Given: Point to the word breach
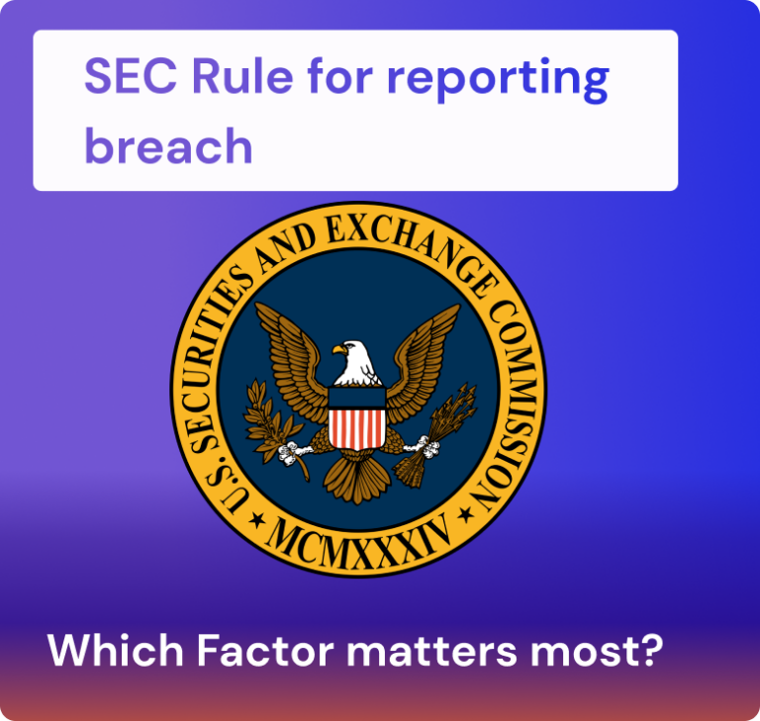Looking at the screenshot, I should (168, 146).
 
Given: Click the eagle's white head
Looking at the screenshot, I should (358, 361).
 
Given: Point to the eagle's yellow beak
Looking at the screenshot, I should (338, 349).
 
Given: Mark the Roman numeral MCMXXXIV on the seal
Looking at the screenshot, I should (357, 538).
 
